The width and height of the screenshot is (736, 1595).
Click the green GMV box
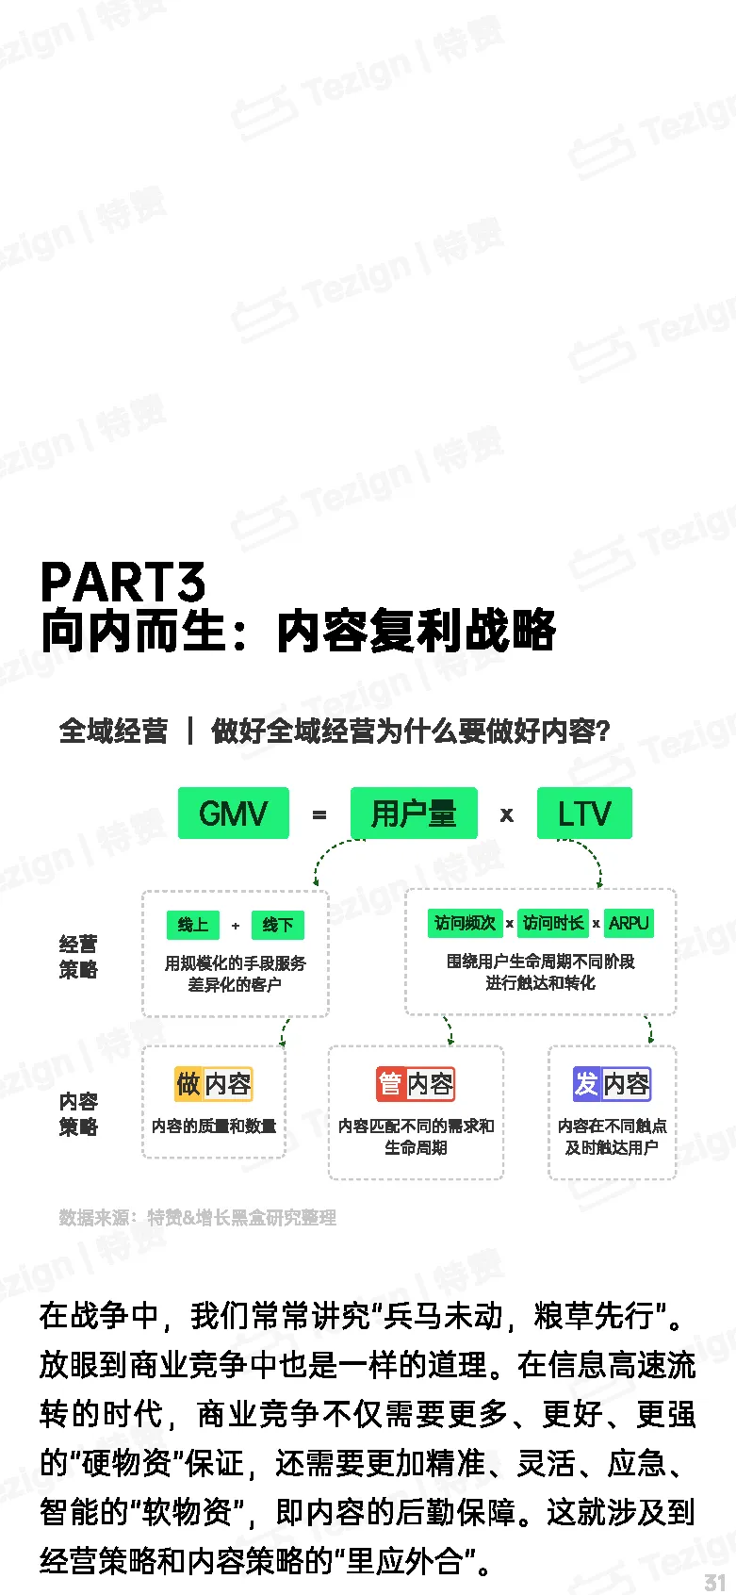(x=233, y=813)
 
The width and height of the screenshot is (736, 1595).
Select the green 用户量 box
(x=414, y=813)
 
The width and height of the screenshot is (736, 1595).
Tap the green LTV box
(x=584, y=813)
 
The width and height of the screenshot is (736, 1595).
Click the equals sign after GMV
(x=319, y=814)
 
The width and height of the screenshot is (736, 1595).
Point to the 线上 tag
(x=193, y=925)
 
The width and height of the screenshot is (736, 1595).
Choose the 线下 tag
(x=277, y=925)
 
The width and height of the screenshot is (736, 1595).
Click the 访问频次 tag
(x=465, y=923)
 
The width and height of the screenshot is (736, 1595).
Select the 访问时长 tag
(x=553, y=923)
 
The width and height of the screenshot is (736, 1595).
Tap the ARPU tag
(x=629, y=923)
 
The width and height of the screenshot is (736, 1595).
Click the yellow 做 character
(x=188, y=1084)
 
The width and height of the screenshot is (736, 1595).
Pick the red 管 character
(x=390, y=1084)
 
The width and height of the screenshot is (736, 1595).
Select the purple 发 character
(x=587, y=1084)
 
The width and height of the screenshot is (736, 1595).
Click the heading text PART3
(x=123, y=582)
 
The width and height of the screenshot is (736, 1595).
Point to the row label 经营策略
(x=78, y=957)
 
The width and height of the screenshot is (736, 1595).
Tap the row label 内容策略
(x=78, y=1113)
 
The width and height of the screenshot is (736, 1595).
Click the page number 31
(x=715, y=1582)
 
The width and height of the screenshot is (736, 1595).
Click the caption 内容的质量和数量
(x=214, y=1126)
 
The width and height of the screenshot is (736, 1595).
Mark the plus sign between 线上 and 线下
(x=236, y=926)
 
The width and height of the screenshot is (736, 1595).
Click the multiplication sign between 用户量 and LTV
(x=507, y=814)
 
